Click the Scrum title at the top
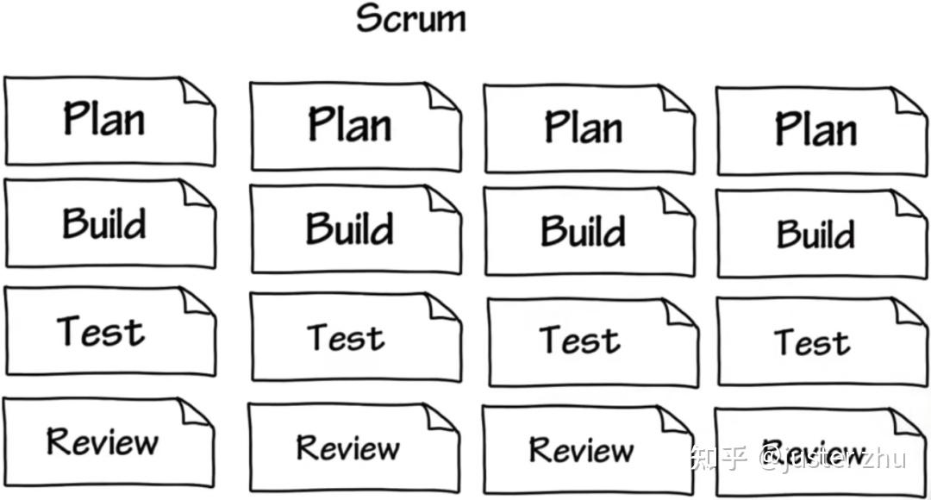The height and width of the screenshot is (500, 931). click(x=411, y=19)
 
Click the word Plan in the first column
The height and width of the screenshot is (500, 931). click(x=103, y=118)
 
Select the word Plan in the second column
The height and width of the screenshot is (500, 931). click(x=349, y=124)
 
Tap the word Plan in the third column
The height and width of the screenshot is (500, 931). click(x=583, y=127)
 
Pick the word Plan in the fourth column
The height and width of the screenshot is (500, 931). click(x=815, y=129)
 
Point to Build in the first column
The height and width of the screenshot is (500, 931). click(x=103, y=224)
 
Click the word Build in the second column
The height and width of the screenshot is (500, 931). click(x=349, y=228)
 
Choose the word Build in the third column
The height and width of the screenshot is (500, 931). click(x=583, y=231)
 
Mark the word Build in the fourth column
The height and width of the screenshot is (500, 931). click(x=815, y=234)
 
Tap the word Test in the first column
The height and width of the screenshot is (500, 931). click(x=101, y=332)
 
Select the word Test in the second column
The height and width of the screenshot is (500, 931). click(x=346, y=337)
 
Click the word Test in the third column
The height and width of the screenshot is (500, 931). click(x=579, y=340)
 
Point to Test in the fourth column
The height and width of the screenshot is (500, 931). click(x=812, y=342)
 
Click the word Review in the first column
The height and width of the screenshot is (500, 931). click(x=103, y=441)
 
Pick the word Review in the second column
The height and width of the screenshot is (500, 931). click(x=347, y=447)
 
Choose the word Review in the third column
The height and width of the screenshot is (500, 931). click(x=580, y=449)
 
